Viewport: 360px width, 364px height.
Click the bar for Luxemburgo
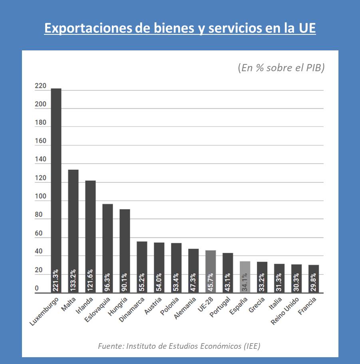pyautogui.click(x=56, y=180)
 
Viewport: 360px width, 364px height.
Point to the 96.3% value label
pyautogui.click(x=107, y=280)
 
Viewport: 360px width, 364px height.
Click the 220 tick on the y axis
pyautogui.click(x=41, y=86)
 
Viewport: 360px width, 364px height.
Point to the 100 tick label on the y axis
pyautogui.click(x=41, y=197)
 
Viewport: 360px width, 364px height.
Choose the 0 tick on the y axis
pyautogui.click(x=37, y=289)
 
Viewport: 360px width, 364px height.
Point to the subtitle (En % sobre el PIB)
pyautogui.click(x=281, y=68)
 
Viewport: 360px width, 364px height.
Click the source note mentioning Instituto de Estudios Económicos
pyautogui.click(x=179, y=346)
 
